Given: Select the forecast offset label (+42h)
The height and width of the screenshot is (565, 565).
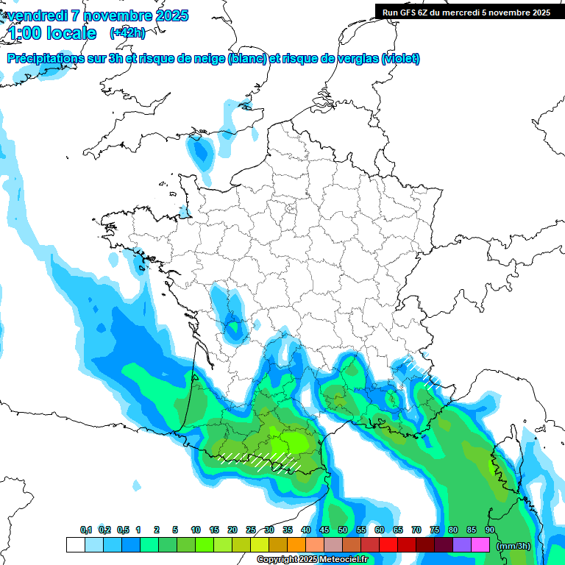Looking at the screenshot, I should tap(127, 33).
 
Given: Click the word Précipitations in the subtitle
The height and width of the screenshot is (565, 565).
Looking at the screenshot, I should tap(45, 59).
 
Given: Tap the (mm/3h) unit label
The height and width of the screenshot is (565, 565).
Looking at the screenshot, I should tap(514, 545).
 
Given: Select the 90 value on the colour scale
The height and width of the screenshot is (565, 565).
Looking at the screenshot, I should tap(489, 530).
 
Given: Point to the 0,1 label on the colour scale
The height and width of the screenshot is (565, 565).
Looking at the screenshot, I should tap(86, 530).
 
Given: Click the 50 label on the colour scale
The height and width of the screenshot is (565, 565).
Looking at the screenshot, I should tap(343, 530).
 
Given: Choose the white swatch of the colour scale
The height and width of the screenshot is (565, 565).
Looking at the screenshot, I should tap(75, 545).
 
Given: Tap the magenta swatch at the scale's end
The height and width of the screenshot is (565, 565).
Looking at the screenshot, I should tap(480, 545).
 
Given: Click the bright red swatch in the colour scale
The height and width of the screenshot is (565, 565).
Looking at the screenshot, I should tap(388, 545).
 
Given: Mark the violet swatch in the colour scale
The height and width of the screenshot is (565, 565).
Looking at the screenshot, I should tap(462, 545).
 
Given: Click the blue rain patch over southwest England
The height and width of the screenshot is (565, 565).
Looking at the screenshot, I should tap(200, 150).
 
